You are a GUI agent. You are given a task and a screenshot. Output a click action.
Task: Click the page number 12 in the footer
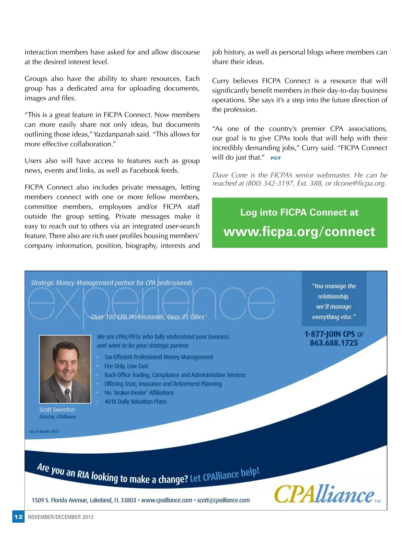[18, 517]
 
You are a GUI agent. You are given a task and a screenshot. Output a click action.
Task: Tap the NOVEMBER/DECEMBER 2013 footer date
[60, 517]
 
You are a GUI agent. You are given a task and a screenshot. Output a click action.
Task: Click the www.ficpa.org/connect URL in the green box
[299, 232]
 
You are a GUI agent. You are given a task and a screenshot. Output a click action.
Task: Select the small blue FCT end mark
[276, 158]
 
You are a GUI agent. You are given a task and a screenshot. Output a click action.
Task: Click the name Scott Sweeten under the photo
[57, 410]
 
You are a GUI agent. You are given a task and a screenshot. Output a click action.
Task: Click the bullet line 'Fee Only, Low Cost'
[126, 366]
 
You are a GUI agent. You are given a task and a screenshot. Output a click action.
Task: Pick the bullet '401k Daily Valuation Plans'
[135, 401]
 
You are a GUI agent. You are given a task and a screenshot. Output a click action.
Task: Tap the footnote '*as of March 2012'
[44, 432]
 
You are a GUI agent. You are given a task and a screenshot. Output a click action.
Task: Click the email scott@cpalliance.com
[223, 500]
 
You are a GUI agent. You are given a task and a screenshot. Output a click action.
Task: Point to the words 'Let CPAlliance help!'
[225, 475]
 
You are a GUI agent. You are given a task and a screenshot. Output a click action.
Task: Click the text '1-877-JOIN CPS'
[329, 334]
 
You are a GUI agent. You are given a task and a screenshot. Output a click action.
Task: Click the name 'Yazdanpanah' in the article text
[114, 134]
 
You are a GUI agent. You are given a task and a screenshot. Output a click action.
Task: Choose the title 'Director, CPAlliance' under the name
[58, 417]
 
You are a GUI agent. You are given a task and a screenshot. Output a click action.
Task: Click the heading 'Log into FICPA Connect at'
[299, 213]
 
